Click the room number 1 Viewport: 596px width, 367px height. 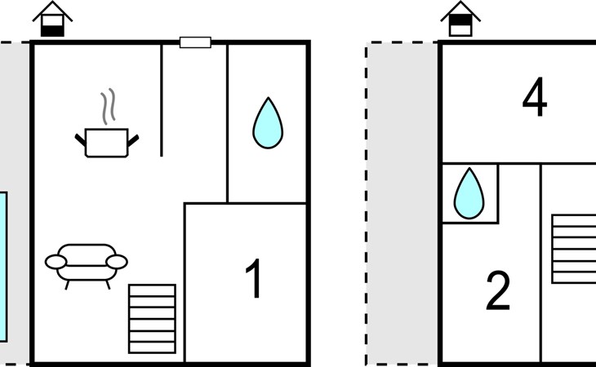(254, 278)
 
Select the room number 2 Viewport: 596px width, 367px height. (498, 290)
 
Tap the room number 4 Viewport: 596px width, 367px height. (535, 97)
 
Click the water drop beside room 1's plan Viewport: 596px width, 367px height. (268, 122)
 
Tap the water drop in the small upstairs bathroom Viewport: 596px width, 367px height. (469, 193)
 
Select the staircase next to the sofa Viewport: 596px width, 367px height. (152, 319)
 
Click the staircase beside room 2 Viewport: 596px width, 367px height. (574, 249)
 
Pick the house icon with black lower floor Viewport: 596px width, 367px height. (52, 19)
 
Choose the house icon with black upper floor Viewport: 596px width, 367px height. (460, 19)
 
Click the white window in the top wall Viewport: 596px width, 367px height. (195, 42)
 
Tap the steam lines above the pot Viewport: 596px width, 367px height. (108, 106)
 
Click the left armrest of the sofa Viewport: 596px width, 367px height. (56, 262)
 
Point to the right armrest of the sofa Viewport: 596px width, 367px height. (117, 262)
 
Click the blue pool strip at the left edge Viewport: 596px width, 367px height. (3, 267)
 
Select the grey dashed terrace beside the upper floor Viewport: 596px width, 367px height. (403, 204)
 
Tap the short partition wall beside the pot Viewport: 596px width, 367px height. (162, 100)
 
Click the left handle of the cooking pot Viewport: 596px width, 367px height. (80, 140)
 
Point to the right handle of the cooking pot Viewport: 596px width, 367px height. (133, 140)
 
